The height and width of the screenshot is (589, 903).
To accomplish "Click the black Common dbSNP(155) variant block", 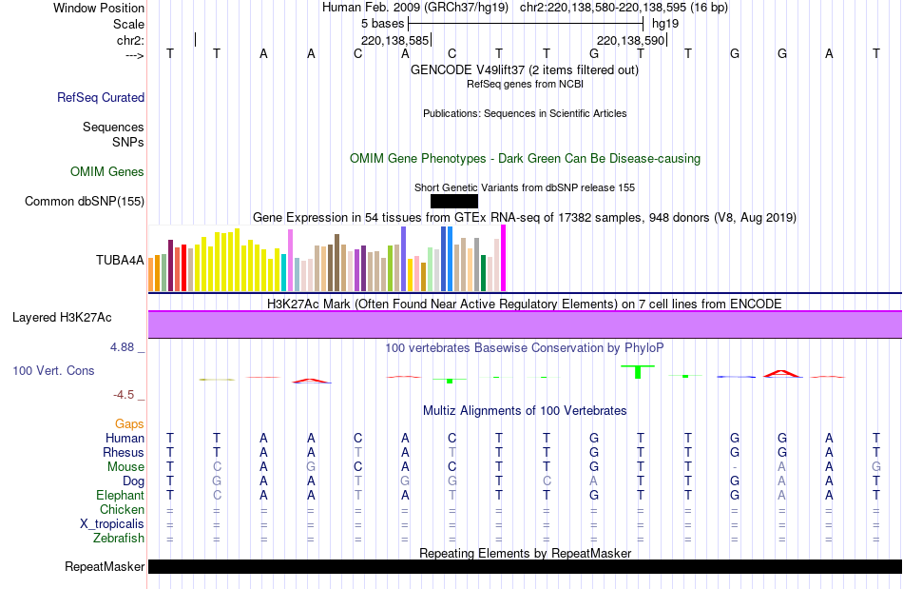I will coord(453,201).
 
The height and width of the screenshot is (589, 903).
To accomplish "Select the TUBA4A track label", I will coord(120,260).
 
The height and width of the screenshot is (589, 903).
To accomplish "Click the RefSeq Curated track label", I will coord(101,97).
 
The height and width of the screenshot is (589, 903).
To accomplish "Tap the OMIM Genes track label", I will coord(107,172).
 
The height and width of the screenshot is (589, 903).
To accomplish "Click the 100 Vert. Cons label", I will coord(53,370).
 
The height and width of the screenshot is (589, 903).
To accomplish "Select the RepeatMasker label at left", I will coord(105,567).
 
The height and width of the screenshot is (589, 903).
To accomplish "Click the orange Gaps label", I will coord(129,423).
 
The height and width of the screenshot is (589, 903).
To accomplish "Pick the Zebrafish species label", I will coord(119,539).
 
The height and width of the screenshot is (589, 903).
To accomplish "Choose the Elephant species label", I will coord(120,496).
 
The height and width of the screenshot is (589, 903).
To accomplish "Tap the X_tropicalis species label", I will coord(112,524).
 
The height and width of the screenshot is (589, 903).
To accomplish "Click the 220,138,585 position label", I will coord(395,40).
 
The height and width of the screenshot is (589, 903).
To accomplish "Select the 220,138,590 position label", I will coord(630,40).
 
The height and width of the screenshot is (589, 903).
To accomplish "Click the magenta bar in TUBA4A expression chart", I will coord(503,258).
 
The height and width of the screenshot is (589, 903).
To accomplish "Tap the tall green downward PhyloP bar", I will coord(639,371).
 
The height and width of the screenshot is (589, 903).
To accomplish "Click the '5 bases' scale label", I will coord(382,23).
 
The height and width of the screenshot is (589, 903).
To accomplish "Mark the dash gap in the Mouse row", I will coord(735,467).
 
